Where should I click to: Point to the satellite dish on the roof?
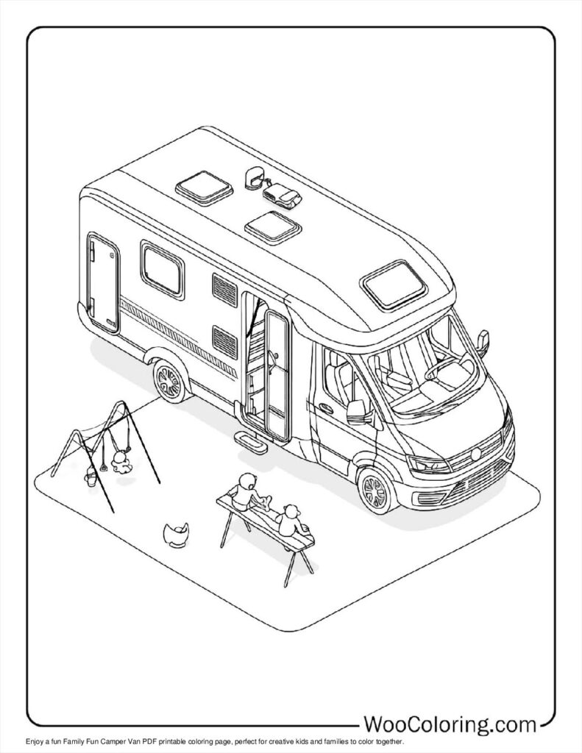pyautogui.click(x=255, y=176)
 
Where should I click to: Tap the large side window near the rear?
pyautogui.click(x=162, y=268)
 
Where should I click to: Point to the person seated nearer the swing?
pyautogui.click(x=247, y=490)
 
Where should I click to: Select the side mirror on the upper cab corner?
pyautogui.click(x=483, y=340)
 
